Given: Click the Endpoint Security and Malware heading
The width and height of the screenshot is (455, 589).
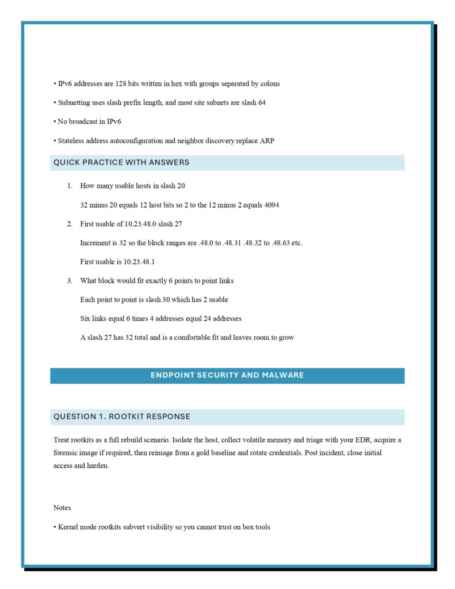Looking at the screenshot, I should point(227,375).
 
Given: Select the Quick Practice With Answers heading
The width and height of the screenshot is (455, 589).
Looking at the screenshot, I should point(121,163).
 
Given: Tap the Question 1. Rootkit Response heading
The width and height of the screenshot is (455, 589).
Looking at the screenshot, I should point(122,416).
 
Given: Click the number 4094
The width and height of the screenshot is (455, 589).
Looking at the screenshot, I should point(272,205).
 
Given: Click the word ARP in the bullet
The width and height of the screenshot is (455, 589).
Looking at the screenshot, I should point(267,140).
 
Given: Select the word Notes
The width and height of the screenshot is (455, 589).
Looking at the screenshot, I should point(62,508).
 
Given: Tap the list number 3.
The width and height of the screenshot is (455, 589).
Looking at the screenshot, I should point(69,281).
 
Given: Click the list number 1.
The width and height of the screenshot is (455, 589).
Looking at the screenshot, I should point(69,186).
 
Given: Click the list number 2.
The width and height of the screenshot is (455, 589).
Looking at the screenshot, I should point(69,224).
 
